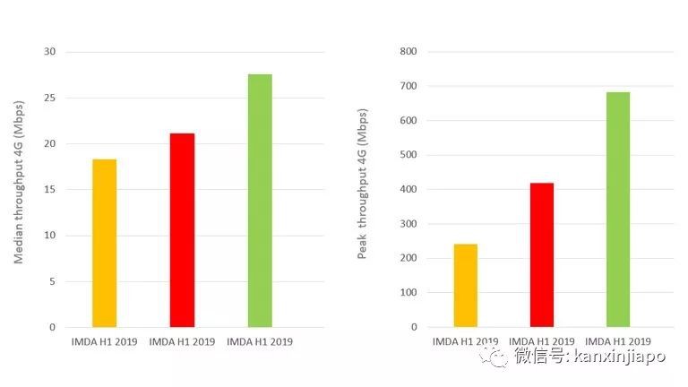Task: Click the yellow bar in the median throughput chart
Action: click(104, 243)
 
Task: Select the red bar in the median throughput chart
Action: click(182, 230)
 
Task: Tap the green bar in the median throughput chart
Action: click(260, 201)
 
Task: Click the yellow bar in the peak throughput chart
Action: click(466, 286)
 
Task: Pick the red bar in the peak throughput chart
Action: click(542, 254)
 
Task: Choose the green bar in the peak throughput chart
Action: click(618, 210)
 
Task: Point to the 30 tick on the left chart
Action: click(49, 52)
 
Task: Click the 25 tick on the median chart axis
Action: click(49, 98)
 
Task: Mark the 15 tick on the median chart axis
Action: click(49, 190)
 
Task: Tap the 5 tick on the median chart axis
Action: click(52, 281)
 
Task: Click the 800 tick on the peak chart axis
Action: click(408, 52)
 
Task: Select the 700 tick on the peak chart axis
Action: click(408, 86)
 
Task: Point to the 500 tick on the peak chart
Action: click(408, 155)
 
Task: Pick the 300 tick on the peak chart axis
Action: click(408, 224)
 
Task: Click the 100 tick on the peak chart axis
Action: click(408, 293)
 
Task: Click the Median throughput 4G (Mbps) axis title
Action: click(19, 189)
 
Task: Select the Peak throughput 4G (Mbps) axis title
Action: click(363, 189)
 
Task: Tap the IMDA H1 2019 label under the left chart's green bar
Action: click(260, 341)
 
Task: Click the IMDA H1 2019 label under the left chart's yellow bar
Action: click(104, 341)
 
